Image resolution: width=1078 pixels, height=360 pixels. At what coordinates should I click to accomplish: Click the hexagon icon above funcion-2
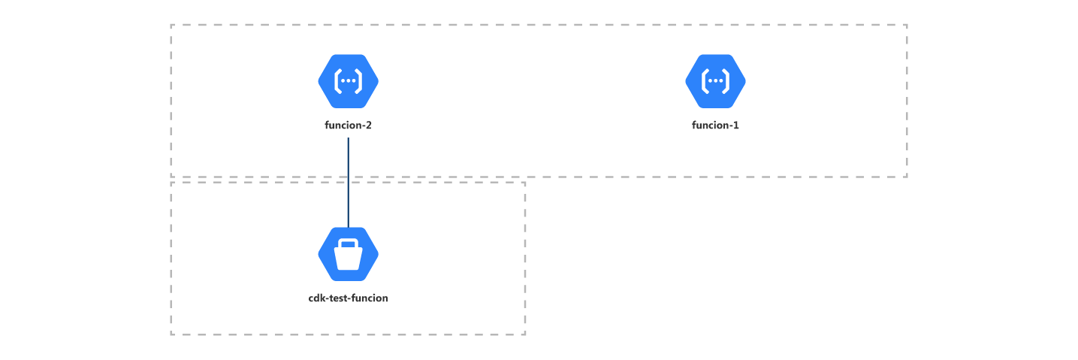[x=348, y=81]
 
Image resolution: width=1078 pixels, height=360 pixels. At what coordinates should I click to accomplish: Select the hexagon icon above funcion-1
[x=715, y=81]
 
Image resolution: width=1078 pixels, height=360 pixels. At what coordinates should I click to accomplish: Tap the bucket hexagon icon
[x=348, y=254]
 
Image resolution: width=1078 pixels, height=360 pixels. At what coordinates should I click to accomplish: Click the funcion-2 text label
[x=348, y=125]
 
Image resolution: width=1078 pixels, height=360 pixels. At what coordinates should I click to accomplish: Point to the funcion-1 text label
[x=715, y=125]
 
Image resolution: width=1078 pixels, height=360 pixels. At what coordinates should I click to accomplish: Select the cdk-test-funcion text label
[x=348, y=298]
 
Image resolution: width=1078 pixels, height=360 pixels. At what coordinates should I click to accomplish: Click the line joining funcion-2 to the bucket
[x=348, y=183]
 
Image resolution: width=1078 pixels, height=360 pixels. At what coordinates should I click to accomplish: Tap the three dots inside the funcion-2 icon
[x=348, y=81]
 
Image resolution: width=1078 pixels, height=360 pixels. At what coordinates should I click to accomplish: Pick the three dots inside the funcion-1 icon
[x=715, y=81]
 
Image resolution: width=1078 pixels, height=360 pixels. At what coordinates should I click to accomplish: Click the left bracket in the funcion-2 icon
[x=338, y=81]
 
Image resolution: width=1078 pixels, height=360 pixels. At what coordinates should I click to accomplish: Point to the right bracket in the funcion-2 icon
[x=358, y=81]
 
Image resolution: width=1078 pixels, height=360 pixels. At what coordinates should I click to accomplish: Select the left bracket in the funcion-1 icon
[x=705, y=81]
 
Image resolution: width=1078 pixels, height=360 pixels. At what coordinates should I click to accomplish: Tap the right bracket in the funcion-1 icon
[x=726, y=81]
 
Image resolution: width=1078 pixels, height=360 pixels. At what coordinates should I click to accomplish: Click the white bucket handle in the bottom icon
[x=348, y=243]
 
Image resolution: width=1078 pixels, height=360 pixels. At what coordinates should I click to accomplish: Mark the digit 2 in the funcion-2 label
[x=369, y=125]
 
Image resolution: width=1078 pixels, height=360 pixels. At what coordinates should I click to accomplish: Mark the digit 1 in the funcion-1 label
[x=735, y=125]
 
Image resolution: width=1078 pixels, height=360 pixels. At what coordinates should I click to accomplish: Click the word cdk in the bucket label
[x=316, y=298]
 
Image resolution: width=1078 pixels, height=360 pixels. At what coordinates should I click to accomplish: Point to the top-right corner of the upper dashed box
[x=907, y=25]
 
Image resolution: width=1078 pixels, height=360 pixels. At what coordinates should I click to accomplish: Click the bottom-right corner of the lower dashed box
[x=524, y=334]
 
